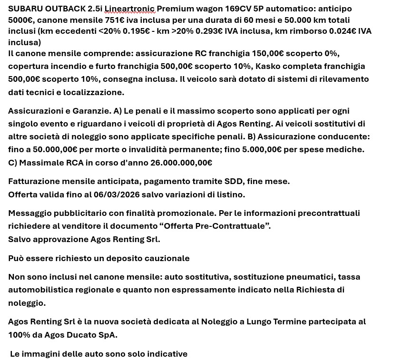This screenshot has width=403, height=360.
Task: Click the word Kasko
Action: tap(267, 66)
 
